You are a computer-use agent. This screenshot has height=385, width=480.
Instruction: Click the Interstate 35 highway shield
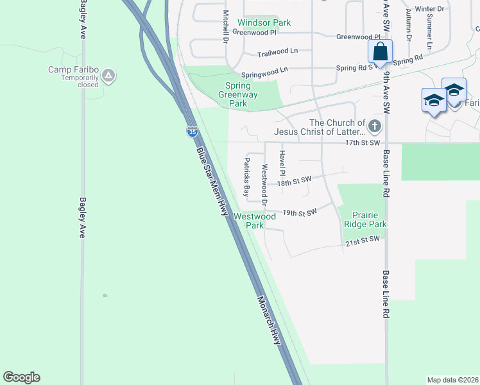192,132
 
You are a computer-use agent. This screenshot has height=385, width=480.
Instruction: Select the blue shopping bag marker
380,52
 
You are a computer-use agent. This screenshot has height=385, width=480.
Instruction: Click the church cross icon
375,126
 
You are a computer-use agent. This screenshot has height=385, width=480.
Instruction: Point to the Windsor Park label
264,22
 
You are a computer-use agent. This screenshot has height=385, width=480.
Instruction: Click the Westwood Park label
255,221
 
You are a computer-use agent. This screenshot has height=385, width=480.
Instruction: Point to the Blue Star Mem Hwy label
212,182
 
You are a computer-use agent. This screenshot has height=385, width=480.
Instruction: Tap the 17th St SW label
363,142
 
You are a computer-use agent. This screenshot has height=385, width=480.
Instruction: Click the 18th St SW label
294,182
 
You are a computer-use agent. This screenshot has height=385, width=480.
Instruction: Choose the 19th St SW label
300,212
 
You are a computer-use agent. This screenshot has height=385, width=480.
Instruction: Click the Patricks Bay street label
246,176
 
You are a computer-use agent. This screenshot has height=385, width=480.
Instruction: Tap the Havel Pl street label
281,163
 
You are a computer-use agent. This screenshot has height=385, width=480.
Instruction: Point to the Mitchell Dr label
225,26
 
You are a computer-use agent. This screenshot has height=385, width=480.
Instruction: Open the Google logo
21,377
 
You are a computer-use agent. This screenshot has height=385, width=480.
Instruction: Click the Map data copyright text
452,380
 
